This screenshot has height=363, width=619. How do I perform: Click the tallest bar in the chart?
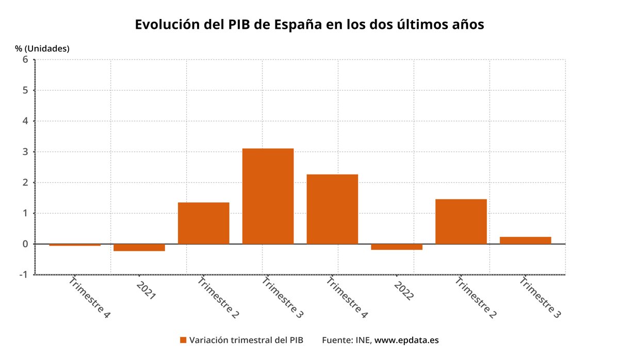coord(268,196)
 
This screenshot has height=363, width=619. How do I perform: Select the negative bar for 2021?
coord(139,248)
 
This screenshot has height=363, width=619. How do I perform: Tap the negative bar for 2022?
coord(397,247)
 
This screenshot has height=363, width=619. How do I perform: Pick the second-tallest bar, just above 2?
coord(332,209)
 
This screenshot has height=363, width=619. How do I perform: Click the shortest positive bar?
coord(525,240)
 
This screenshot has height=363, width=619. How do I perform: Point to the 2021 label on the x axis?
coord(146,290)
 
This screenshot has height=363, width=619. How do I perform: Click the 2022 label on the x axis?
coord(403,290)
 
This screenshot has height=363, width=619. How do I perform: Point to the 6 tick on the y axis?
coord(25,59)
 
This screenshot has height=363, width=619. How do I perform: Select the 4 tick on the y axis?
coord(25,121)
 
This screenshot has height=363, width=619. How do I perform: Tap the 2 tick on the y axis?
coord(25,182)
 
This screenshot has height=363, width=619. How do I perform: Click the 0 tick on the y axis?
coord(25,244)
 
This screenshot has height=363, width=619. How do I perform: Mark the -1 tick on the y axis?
coord(23,274)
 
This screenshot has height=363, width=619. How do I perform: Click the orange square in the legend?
coord(183,340)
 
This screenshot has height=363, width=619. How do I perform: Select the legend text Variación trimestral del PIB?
coord(246,340)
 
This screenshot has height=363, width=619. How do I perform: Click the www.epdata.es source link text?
coord(406,340)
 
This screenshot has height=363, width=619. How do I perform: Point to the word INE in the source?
coord(362,340)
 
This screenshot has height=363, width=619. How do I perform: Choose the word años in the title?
coord(466,25)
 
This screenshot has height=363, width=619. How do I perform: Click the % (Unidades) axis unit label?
coord(42,48)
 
